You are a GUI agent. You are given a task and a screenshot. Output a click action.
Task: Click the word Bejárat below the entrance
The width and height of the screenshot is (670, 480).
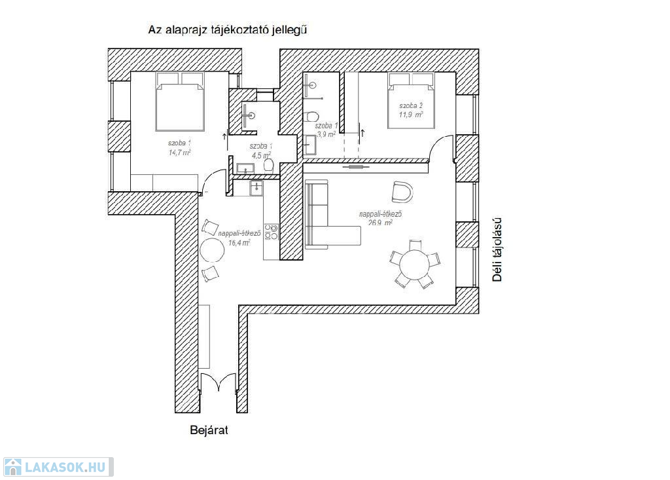tap(208, 430)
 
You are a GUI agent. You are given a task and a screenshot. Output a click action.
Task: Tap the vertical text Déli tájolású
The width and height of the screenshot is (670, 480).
tap(497, 249)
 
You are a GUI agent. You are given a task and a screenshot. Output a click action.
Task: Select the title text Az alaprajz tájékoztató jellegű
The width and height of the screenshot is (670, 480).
tap(228, 29)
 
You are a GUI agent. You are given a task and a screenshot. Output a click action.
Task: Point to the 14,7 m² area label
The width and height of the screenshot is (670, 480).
tap(179, 153)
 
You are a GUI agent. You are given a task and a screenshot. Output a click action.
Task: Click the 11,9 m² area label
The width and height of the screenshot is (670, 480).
tap(411, 114)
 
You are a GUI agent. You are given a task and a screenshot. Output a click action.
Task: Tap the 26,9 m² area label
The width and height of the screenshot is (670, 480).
tap(380, 223)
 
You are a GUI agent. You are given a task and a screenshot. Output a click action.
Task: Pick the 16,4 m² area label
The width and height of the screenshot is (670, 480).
tap(239, 242)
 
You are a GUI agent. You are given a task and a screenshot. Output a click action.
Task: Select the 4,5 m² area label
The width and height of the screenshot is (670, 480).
tap(260, 155)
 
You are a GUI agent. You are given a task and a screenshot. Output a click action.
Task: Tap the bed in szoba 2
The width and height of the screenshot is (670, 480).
tap(411, 102)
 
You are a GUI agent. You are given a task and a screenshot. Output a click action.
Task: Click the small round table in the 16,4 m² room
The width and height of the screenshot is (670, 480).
tap(212, 250)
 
